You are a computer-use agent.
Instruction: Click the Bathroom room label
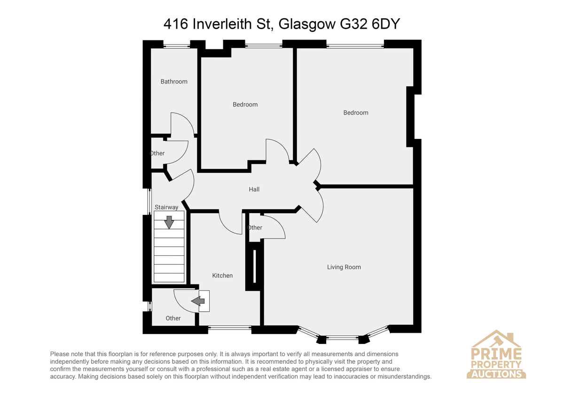174,82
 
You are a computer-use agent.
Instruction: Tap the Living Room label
344,267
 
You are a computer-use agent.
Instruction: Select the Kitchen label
222,276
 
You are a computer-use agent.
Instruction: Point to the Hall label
254,189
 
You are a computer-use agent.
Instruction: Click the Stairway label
166,207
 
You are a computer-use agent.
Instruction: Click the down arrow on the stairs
169,222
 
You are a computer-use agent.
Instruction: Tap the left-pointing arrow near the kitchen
198,301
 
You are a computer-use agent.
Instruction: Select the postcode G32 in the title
353,24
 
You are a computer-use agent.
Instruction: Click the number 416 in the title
176,24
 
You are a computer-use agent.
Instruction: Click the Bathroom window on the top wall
177,46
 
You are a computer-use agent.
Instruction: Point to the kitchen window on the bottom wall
230,328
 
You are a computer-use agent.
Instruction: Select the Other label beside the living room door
255,228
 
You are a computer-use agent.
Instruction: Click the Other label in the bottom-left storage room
173,318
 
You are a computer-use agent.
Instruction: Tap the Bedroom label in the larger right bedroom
356,113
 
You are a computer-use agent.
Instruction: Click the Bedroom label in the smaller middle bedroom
245,104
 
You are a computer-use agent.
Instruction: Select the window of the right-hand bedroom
355,46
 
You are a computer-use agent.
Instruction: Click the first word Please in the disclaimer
60,354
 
